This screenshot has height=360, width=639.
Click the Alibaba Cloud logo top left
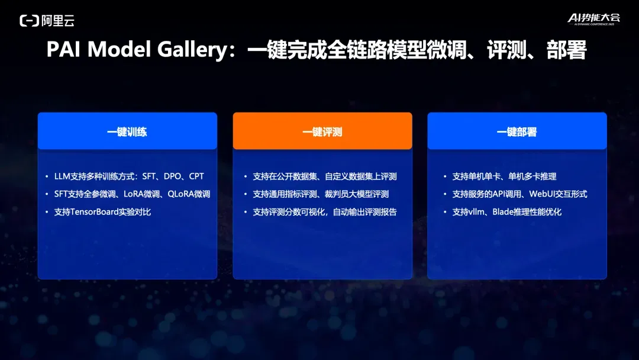point(47,20)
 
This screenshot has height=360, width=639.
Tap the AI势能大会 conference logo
point(594,19)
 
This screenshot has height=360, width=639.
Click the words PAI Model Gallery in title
point(137,50)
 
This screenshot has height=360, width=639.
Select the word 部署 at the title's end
point(566,50)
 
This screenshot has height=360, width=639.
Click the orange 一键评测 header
point(322,131)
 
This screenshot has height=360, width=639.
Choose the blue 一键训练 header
point(127,131)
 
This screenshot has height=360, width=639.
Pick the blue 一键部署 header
point(517,131)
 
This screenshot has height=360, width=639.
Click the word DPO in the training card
point(172,176)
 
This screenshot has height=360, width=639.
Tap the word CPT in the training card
point(196,176)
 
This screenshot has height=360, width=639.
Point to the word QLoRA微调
point(189,194)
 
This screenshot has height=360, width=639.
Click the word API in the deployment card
point(498,194)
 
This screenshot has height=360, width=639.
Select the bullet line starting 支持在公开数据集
point(325,176)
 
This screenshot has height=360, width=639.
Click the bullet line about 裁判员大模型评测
point(321,194)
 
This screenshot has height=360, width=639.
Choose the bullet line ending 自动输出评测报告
point(325,212)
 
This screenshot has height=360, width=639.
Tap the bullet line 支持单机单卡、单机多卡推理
point(504,176)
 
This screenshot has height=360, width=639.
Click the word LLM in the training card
point(62,176)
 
